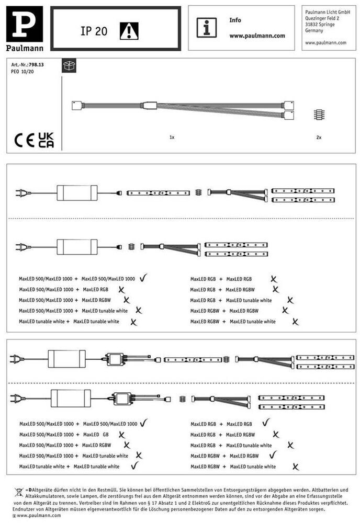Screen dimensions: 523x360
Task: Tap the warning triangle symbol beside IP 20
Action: (128, 31)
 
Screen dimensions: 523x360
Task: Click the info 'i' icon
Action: (207, 27)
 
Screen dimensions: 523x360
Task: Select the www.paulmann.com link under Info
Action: (257, 36)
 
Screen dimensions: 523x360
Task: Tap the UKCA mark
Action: (46, 140)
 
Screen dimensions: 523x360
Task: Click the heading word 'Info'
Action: (235, 20)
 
